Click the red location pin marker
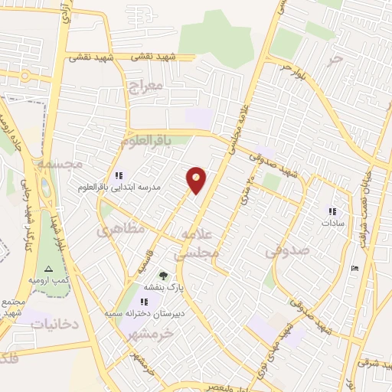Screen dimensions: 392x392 point(197,180)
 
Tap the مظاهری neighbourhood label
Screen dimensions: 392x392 point(119,229)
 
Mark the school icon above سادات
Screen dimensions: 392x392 point(332,211)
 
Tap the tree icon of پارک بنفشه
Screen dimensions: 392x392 point(162,275)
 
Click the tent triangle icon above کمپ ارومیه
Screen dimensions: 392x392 point(48,269)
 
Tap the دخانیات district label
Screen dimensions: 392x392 point(55,324)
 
